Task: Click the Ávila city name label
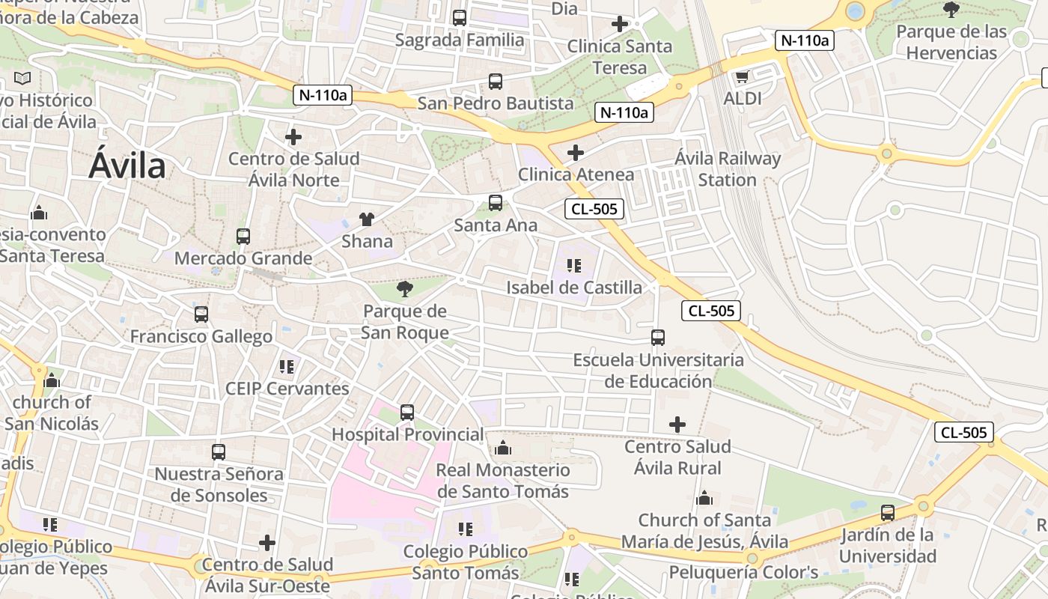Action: [127, 165]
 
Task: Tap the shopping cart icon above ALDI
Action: [743, 76]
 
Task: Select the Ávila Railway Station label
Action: [727, 169]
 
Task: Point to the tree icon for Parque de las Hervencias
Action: [951, 10]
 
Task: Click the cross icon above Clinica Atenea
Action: [576, 153]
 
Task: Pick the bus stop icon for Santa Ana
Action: [496, 202]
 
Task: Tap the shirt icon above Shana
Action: [367, 219]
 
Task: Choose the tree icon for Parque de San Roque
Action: [404, 288]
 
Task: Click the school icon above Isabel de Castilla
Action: [574, 265]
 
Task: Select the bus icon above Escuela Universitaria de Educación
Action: [658, 338]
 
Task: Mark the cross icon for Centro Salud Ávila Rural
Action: [677, 425]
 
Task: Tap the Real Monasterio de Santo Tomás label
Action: [503, 481]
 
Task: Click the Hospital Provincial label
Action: [408, 434]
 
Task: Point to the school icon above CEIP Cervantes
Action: [287, 366]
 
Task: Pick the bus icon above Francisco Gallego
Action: [201, 314]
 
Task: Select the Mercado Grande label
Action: [243, 258]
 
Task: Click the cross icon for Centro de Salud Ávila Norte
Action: [293, 137]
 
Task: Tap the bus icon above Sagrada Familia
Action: [460, 17]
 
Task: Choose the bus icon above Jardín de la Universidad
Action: [888, 513]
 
